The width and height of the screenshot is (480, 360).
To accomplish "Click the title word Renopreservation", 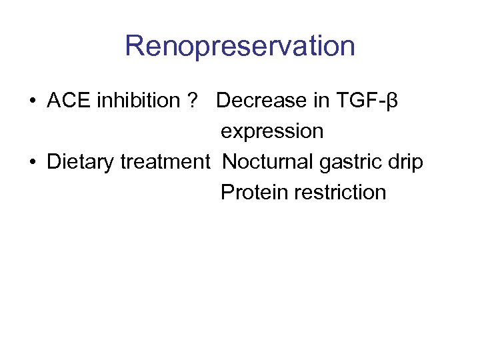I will (x=239, y=47).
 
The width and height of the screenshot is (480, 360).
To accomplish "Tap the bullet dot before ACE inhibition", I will (x=33, y=101).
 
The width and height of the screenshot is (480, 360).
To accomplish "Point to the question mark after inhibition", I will (x=193, y=101).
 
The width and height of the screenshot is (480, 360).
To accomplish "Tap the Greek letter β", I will (x=392, y=102).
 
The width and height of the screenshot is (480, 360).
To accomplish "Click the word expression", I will (x=272, y=132).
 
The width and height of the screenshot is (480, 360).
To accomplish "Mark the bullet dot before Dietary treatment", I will (x=33, y=163).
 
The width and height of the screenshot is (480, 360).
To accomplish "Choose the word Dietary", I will (x=81, y=162).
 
